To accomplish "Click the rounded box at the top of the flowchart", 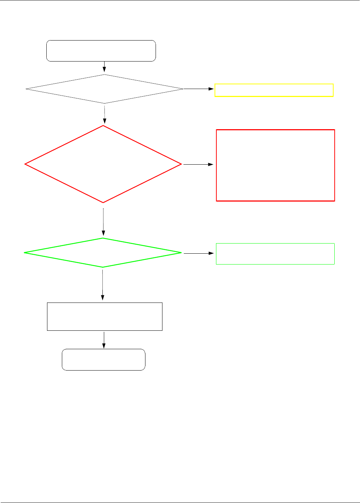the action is [101, 51].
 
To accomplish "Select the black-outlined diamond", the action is [105, 89].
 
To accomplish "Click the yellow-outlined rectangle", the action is [274, 90].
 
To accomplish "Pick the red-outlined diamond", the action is [103, 164].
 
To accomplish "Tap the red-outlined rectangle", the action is [275, 165].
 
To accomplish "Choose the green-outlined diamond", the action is [103, 253].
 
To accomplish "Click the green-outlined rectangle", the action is [275, 254].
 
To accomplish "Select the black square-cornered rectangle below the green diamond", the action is [105, 317].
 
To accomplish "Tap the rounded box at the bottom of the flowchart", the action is [103, 360].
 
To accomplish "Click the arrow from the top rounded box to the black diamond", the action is [105, 67].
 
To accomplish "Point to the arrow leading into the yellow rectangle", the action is [199, 89].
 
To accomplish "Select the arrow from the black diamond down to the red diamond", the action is [105, 114].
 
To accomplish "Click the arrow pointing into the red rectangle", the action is [199, 164].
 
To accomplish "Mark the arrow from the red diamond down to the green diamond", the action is [103, 221].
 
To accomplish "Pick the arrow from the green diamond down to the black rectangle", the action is [103, 285].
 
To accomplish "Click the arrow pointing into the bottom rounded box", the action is [104, 340].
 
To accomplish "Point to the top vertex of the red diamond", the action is [103, 126].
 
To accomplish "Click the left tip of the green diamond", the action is [25, 253].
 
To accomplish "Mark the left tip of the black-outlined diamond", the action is [26, 89].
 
